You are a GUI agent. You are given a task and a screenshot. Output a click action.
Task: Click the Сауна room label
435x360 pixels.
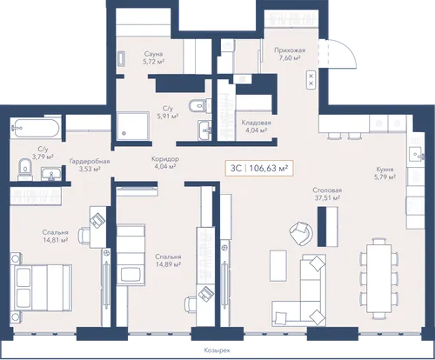[153, 57]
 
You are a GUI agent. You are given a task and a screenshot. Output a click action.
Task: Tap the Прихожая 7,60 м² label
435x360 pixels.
[290, 54]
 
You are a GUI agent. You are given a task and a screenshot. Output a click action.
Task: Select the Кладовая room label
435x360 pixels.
[256, 126]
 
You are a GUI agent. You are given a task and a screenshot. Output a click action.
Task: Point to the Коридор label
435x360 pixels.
[165, 163]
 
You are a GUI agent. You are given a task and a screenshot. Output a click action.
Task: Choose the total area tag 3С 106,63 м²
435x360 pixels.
[259, 168]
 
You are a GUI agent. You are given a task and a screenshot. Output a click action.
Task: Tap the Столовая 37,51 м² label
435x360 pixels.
[327, 194]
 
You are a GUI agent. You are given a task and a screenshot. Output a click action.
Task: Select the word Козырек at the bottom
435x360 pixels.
[217, 350]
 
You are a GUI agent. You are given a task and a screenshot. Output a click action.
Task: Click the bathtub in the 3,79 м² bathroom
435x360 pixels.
[36, 128]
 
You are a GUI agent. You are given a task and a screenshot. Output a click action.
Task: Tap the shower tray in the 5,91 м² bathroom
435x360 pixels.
[133, 126]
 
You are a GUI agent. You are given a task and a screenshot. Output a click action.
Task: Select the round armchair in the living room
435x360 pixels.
[301, 233]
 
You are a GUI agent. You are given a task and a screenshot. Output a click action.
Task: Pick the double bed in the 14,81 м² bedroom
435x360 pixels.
[42, 288]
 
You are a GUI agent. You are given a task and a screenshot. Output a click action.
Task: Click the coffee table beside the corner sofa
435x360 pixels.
[278, 266]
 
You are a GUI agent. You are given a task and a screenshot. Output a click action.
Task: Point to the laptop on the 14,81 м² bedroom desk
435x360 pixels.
[97, 219]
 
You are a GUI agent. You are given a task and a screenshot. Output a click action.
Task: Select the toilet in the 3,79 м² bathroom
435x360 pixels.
[25, 168]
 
